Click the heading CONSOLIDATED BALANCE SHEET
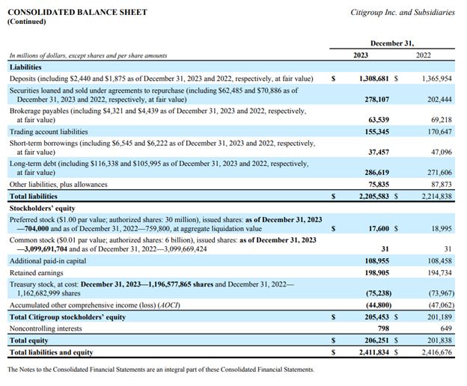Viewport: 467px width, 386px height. [77, 12]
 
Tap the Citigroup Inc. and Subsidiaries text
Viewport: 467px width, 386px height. [402, 12]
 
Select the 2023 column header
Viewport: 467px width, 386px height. [361, 55]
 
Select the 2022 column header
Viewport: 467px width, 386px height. [423, 55]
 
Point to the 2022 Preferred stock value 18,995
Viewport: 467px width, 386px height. [439, 228]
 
